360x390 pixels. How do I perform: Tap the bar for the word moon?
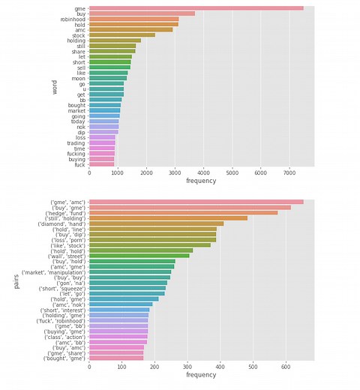(107, 78)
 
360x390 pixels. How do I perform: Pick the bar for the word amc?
(130, 29)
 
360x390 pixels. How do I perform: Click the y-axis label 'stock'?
(79, 35)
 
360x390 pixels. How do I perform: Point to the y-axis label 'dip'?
(81, 133)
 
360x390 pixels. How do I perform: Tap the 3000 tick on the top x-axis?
(175, 172)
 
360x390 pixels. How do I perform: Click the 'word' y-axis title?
(54, 87)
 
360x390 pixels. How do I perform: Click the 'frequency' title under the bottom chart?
(201, 375)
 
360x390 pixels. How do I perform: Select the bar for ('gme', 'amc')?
(196, 202)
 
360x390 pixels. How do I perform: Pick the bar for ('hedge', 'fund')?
(183, 213)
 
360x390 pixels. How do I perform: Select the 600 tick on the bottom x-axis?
(286, 367)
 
